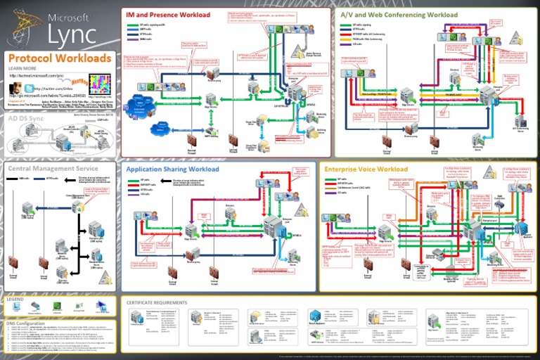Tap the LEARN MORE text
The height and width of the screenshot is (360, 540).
coord(22,69)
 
